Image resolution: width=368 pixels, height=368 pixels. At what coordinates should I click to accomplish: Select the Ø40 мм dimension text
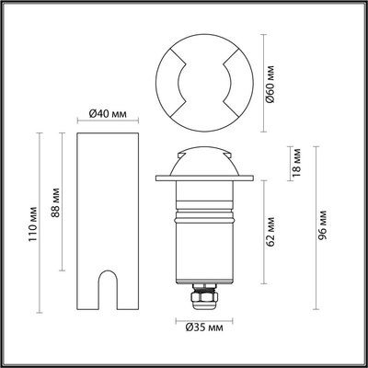tap(108, 114)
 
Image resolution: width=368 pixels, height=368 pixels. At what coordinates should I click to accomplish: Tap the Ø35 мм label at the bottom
tap(201, 326)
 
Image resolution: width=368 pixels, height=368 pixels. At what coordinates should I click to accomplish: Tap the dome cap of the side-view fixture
tap(201, 158)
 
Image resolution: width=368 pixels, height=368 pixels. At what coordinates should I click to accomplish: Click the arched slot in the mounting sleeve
tap(108, 288)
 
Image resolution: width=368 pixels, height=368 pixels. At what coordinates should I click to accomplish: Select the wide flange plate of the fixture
tap(201, 179)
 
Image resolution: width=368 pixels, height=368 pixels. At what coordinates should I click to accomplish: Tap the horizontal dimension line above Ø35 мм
tap(201, 316)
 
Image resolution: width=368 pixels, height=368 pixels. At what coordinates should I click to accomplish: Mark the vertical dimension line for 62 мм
tap(261, 230)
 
